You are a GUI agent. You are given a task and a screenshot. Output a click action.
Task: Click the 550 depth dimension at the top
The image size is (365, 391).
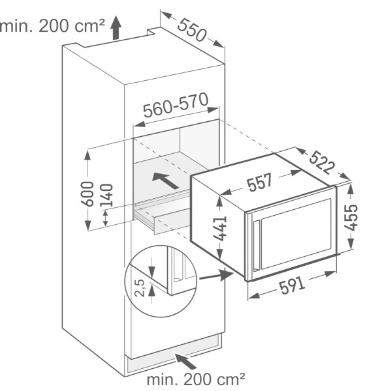point(192,30)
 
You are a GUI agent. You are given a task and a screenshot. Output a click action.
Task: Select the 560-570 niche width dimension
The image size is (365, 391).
point(176,105)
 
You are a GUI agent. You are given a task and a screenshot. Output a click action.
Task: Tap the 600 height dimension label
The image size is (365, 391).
point(87,194)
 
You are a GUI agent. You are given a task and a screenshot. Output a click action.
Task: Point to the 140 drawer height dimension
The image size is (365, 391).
point(106,195)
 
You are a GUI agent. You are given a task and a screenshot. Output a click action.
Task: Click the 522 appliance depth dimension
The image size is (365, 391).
point(321,162)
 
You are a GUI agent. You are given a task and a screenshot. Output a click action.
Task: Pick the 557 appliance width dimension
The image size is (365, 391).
point(260,182)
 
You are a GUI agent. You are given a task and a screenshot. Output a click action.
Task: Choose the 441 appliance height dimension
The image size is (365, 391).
point(220,229)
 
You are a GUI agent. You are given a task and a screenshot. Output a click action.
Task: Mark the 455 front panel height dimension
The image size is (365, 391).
point(351,217)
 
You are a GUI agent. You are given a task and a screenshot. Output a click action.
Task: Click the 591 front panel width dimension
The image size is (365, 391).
point(292,285)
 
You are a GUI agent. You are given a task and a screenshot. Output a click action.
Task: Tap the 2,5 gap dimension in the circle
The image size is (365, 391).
point(140,287)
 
